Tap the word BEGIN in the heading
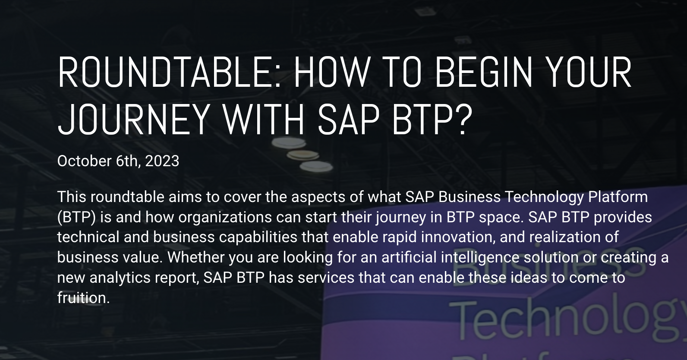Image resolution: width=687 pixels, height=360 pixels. (484, 73)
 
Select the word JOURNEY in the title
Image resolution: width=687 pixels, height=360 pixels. (134, 120)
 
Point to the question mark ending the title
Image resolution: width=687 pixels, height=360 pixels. (463, 120)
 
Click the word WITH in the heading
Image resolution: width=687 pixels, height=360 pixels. (264, 120)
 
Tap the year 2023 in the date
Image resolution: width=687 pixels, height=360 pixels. (162, 161)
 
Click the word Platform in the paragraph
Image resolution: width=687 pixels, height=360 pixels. (618, 197)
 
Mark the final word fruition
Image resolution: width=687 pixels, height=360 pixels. (83, 298)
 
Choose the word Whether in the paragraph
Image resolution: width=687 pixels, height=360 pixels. (195, 257)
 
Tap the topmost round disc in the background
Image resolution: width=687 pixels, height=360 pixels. (289, 143)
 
